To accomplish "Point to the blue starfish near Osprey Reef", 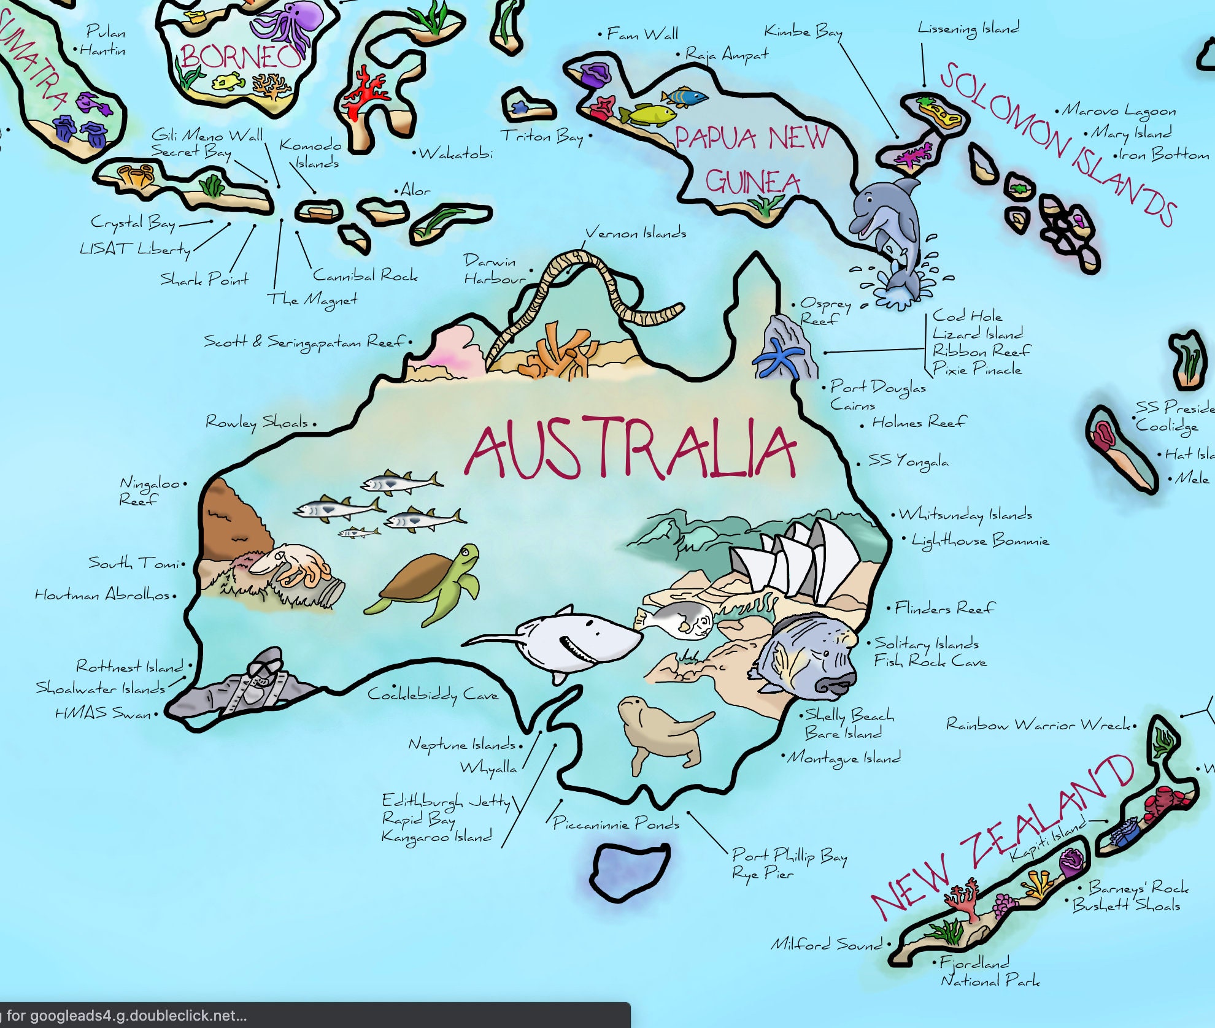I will [778, 359].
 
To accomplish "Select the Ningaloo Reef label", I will [149, 491].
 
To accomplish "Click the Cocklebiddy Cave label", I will [433, 694].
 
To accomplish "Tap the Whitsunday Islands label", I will [965, 515].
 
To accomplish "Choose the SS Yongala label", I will [908, 461].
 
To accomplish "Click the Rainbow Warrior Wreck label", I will [1038, 725].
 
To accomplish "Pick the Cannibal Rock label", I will [365, 275].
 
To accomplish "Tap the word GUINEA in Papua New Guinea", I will [753, 182].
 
